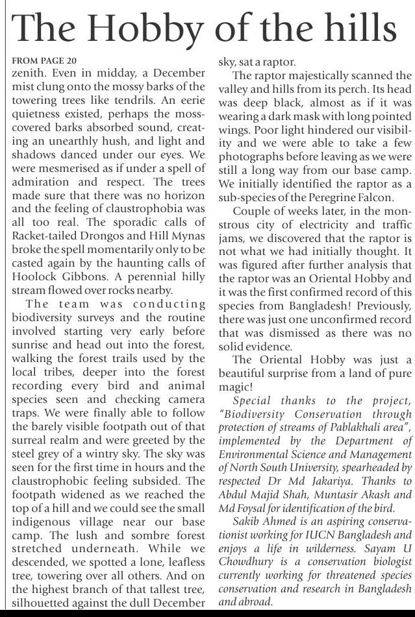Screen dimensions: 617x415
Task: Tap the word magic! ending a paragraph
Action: click(x=236, y=387)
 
